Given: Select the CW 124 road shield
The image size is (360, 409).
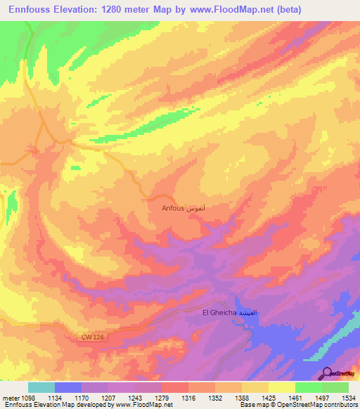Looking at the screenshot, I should coord(87,339).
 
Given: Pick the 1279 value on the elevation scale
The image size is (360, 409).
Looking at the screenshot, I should coord(162,398).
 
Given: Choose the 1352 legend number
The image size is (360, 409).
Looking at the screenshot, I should coord(215,398).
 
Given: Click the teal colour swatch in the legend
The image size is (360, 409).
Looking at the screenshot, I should coord(41,387).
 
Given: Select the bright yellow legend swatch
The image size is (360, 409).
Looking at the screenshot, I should coord(282,387).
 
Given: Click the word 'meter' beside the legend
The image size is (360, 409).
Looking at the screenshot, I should coord(10,398).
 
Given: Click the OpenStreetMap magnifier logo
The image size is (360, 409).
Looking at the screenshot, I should coord(328,373).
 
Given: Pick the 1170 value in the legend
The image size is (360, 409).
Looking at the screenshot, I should coord(82,398).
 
